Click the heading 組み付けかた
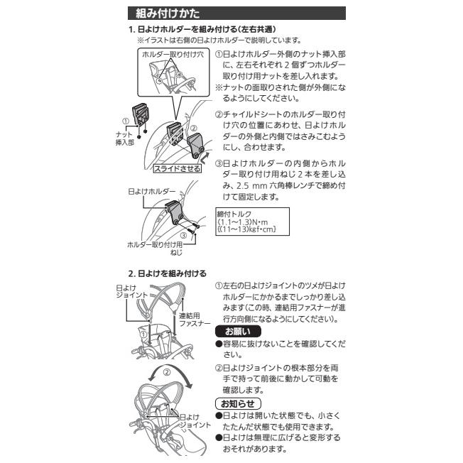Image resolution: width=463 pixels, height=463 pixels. pyautogui.click(x=158, y=13)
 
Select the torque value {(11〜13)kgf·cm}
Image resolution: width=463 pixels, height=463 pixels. pyautogui.click(x=246, y=229)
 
